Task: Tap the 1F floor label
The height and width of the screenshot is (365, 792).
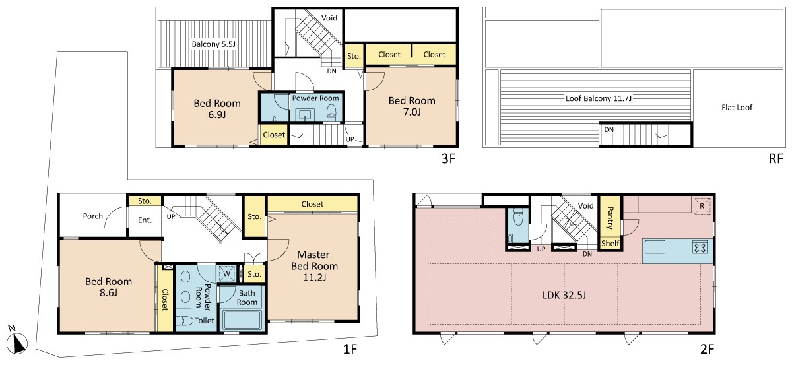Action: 350,349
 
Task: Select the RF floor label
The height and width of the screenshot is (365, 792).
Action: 775,158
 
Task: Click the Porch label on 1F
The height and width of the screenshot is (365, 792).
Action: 92,216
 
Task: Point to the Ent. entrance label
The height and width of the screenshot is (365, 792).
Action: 145,220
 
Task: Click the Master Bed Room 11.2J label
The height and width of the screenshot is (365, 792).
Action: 314,266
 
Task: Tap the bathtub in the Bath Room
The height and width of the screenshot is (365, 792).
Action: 242,319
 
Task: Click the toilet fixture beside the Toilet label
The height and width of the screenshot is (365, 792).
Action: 184,321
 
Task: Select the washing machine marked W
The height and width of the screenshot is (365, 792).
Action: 226,273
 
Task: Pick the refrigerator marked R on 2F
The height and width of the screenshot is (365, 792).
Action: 702,206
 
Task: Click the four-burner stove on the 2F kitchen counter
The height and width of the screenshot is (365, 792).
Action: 700,247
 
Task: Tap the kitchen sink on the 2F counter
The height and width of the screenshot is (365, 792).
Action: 655,247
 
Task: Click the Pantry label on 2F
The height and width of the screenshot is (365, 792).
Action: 610,218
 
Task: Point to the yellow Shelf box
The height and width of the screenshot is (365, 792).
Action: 610,244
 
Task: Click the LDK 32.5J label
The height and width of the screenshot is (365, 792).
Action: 564,295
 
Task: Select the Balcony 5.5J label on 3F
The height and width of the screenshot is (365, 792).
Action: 213,44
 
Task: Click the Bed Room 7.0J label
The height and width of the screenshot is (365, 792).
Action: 412,106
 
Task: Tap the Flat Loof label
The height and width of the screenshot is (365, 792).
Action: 737,107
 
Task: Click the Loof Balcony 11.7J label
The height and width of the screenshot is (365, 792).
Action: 598,98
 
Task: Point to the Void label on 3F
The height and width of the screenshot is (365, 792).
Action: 329,18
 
